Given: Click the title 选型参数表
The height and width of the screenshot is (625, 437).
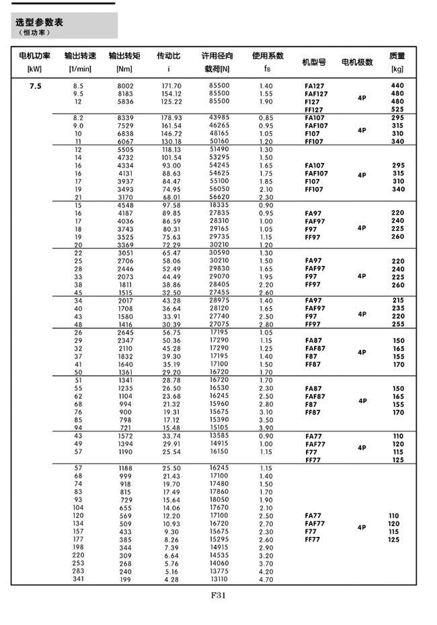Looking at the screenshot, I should [40, 22].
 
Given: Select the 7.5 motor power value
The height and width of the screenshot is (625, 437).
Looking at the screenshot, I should [36, 86].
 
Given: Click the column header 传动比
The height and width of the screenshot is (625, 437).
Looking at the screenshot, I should [169, 56].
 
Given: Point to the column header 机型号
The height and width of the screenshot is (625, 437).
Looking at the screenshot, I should [315, 62].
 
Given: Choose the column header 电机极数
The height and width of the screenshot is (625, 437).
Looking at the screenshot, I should [358, 62].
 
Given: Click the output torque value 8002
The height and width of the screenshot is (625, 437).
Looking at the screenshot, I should [126, 86].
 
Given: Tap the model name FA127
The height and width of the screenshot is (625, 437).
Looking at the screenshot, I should [315, 86].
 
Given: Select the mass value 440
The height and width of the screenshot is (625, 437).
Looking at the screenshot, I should [397, 86].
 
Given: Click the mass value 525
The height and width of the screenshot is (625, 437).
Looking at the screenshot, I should [397, 109].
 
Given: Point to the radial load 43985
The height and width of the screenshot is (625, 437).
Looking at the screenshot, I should [219, 117].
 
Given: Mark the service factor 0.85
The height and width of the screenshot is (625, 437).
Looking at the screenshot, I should [266, 117].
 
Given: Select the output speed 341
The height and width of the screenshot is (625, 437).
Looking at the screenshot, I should [78, 579].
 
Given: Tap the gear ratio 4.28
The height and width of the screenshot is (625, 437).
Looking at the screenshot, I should [171, 579].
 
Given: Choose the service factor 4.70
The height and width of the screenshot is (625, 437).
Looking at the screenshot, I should [266, 579].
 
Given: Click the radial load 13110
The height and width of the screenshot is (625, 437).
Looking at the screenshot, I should [219, 579].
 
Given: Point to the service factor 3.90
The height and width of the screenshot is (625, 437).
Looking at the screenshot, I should [266, 427].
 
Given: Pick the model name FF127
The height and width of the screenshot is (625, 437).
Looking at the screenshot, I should [315, 109].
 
